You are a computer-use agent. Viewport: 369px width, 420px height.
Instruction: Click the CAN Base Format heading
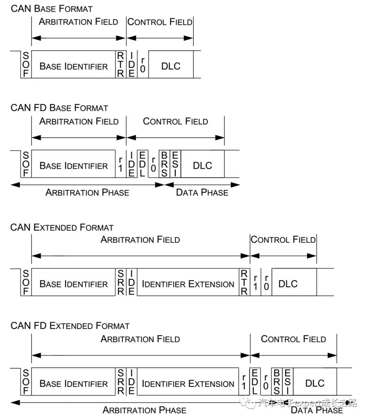point(52,9)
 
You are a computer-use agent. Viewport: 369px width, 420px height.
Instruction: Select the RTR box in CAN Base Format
point(121,64)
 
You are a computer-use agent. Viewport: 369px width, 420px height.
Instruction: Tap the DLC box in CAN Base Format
point(171,66)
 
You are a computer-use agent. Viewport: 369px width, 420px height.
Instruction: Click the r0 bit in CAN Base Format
point(143,65)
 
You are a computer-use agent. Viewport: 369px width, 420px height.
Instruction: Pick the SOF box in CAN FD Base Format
point(26,164)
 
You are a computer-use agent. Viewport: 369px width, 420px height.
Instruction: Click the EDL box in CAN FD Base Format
point(142,164)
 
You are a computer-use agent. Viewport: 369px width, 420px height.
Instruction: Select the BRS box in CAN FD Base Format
point(164,164)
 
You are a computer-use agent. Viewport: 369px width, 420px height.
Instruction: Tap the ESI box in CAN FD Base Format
point(175,164)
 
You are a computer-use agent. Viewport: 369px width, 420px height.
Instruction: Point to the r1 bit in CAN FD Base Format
point(121,164)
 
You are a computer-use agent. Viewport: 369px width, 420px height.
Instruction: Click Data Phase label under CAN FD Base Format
point(202,192)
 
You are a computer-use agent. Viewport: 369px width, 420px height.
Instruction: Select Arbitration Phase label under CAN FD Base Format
point(87,192)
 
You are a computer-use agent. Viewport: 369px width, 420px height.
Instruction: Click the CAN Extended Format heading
point(62,228)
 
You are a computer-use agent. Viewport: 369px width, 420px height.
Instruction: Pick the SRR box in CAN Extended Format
point(121,283)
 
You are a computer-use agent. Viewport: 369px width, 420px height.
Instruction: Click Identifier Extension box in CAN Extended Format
point(188,284)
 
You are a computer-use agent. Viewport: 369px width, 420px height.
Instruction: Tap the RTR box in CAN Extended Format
point(244,283)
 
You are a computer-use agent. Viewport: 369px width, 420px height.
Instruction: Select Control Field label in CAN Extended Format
point(283,240)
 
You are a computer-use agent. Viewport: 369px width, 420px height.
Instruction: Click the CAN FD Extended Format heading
point(70,326)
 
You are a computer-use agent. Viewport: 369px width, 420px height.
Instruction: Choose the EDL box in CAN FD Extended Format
point(255,382)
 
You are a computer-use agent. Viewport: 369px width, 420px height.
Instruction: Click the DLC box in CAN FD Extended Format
point(315,383)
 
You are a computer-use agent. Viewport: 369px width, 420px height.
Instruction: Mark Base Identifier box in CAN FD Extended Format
point(73,383)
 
